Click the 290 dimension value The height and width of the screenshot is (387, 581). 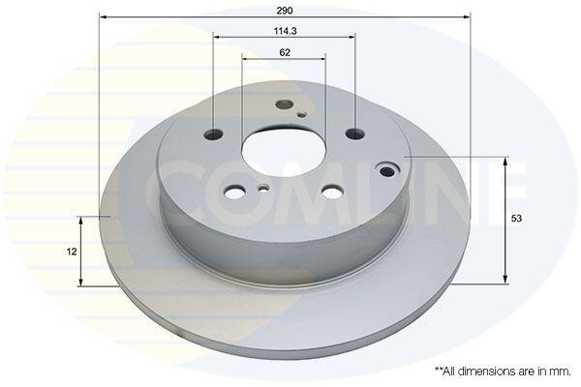(284, 11)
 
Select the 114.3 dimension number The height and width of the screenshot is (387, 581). (285, 32)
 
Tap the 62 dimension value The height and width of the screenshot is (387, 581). (285, 52)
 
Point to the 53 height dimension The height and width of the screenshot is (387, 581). (516, 219)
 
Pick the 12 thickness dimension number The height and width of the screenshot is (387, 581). (72, 252)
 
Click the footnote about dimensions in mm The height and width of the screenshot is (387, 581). (503, 372)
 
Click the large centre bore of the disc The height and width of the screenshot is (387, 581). (284, 153)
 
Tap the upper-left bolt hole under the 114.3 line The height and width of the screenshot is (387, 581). (214, 134)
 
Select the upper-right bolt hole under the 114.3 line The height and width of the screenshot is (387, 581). (355, 134)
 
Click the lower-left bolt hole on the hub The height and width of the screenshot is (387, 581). (234, 192)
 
